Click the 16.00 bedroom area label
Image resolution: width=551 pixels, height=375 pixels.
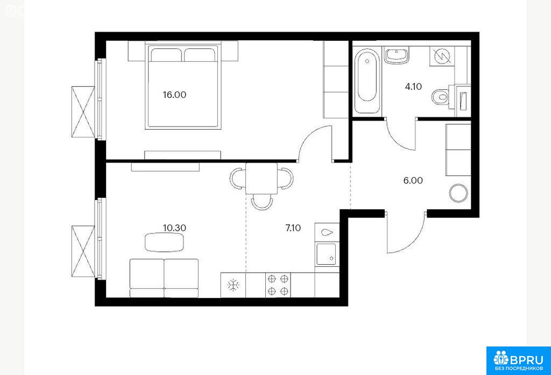pyautogui.click(x=174, y=95)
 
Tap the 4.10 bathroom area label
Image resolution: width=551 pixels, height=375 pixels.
pyautogui.click(x=413, y=87)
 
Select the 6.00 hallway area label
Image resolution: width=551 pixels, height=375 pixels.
pyautogui.click(x=413, y=181)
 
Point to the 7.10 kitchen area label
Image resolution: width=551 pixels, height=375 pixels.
pyautogui.click(x=293, y=228)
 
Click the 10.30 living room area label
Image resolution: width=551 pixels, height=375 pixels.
pyautogui.click(x=174, y=228)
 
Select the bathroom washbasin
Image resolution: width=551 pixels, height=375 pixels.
pyautogui.click(x=397, y=55)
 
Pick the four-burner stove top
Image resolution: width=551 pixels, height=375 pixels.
pyautogui.click(x=278, y=285)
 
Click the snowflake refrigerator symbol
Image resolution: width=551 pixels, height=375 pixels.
pyautogui.click(x=233, y=285)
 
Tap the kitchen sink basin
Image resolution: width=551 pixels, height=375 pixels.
pyautogui.click(x=326, y=254)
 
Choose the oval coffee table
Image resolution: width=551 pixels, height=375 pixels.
pyautogui.click(x=165, y=242)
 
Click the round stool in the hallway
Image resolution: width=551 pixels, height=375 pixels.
pyautogui.click(x=458, y=193)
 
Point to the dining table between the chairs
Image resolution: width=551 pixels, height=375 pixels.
pyautogui.click(x=262, y=179)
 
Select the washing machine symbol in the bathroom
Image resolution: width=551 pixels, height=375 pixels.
pyautogui.click(x=442, y=56)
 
